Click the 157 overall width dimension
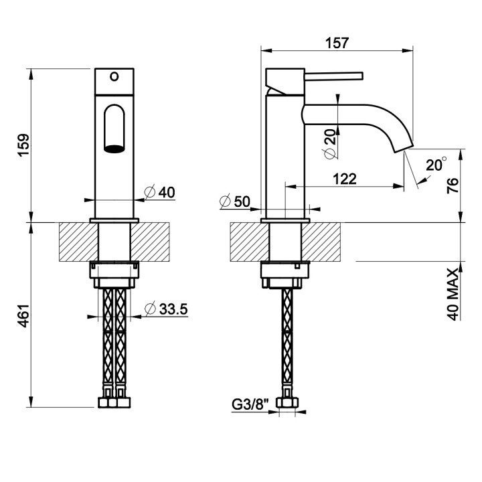click(337, 43)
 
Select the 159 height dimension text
click(24, 145)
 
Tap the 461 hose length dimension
click(24, 315)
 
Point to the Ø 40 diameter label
click(159, 192)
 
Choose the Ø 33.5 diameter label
click(166, 309)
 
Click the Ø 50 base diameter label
click(235, 202)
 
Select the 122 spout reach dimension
click(345, 179)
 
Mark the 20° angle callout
click(436, 164)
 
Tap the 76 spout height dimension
click(453, 185)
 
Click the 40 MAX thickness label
click(453, 294)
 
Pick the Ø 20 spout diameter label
click(330, 144)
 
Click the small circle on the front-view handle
click(114, 76)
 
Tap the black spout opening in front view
click(114, 149)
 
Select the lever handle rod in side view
click(334, 76)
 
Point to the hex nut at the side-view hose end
click(287, 403)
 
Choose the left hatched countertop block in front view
click(78, 242)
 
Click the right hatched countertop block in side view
click(321, 242)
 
